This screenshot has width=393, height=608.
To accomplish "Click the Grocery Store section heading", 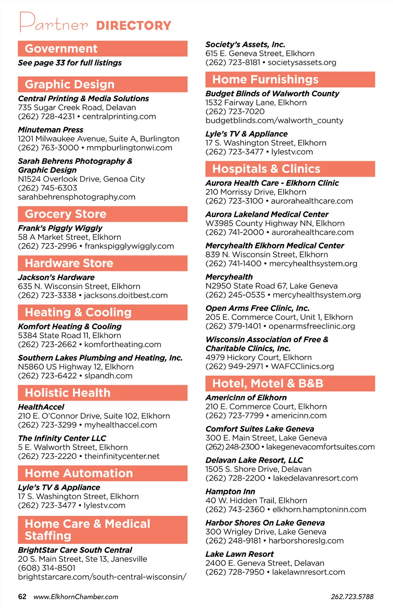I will [65, 214].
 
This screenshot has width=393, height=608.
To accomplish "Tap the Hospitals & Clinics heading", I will [266, 169].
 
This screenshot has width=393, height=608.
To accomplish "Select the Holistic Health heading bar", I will [67, 393].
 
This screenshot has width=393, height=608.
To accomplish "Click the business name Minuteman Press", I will [50, 130].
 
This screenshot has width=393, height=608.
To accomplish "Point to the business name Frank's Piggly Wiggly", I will [60, 228].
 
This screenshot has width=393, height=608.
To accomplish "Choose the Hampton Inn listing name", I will [230, 491].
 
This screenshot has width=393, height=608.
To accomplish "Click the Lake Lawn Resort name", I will [239, 554].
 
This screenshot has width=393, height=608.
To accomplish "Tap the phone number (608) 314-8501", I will [47, 568].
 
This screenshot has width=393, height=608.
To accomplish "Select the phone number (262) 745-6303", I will [47, 188].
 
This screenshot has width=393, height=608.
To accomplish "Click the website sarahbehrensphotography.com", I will [77, 197].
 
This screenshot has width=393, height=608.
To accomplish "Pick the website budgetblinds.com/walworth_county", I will [274, 121].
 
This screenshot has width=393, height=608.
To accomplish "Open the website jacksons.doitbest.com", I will [126, 295].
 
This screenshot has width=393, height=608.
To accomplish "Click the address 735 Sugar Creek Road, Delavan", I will [77, 108].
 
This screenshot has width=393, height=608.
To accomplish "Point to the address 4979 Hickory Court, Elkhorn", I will [258, 357].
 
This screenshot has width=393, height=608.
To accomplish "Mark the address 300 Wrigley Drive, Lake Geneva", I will [266, 532].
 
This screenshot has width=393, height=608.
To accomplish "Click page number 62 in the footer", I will [22, 597].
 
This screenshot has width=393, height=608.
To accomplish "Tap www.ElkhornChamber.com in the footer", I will [76, 597].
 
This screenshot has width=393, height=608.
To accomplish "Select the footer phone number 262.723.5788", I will [352, 597].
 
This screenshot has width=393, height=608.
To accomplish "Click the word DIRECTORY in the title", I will [134, 26].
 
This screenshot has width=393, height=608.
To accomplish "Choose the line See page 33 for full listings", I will [70, 63].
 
